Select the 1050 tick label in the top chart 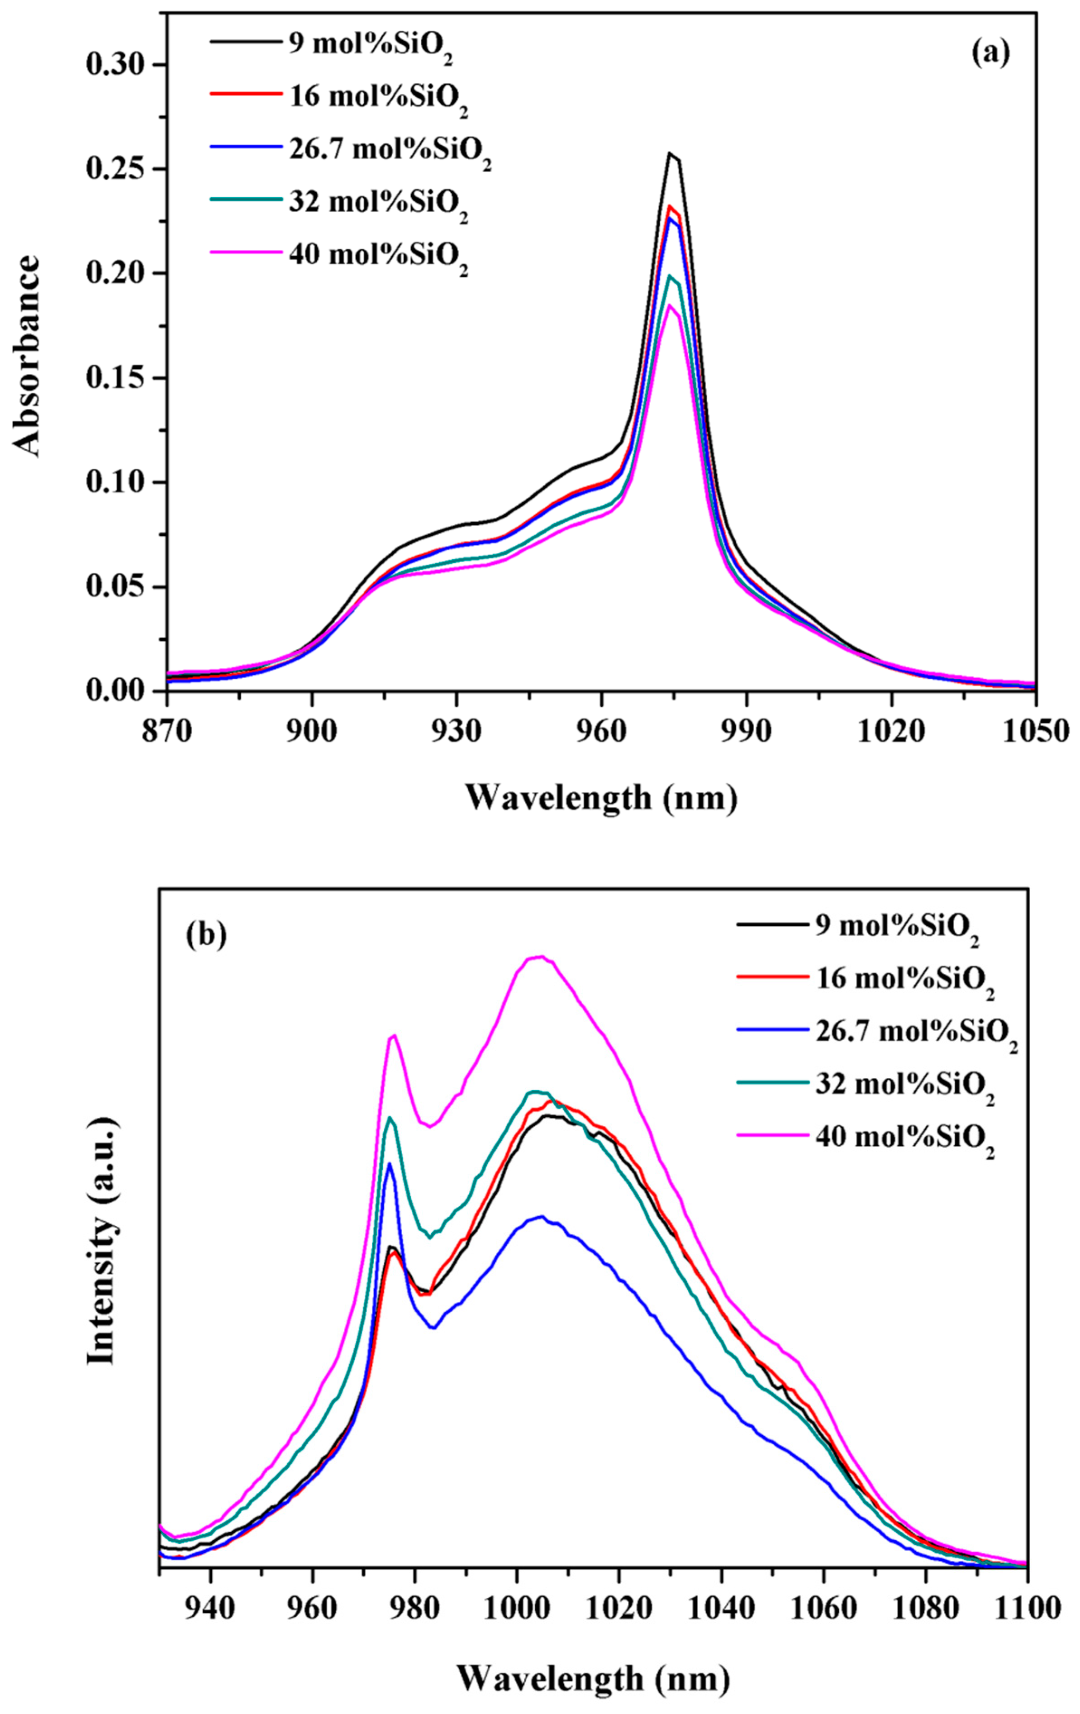pos(1034,731)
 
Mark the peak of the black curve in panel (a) pos(669,153)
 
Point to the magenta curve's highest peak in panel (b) pos(541,956)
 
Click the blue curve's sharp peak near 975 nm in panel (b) pos(389,1163)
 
